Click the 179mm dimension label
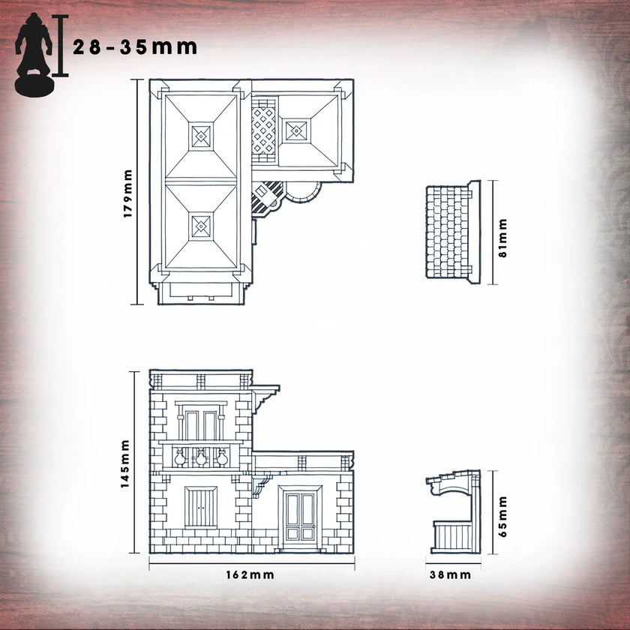(127, 193)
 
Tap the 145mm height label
(125, 464)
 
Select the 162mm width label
(250, 575)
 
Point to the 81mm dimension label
(502, 238)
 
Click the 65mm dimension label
(502, 517)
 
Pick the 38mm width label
(451, 575)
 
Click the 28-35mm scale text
(135, 47)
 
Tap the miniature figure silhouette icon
(34, 54)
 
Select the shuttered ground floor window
(201, 507)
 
